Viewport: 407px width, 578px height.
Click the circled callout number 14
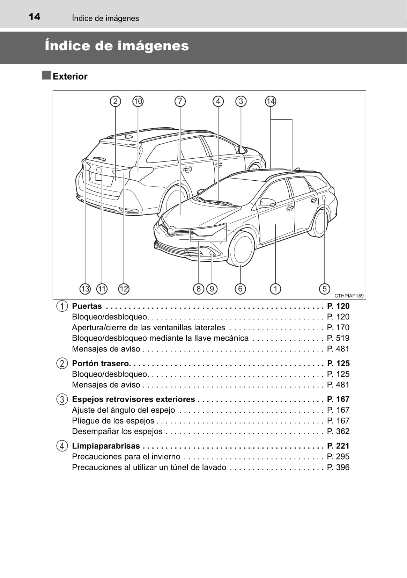271,101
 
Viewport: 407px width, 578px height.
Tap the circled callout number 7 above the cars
180,101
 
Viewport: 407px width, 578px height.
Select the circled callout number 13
85,289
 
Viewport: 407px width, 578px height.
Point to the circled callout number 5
325,289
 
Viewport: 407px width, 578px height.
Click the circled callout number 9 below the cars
212,289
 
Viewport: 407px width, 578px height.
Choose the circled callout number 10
138,101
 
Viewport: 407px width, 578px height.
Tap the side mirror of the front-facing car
268,202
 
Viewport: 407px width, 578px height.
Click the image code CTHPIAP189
349,296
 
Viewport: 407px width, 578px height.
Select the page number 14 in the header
34,17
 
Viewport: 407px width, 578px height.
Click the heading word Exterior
70,77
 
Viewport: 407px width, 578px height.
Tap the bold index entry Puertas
87,306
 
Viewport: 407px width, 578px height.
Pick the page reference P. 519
338,338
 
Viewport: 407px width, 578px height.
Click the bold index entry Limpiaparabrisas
106,446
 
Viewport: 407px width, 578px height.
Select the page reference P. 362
338,431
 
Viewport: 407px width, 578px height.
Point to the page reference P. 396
338,467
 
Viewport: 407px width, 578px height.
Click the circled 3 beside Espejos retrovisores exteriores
62,399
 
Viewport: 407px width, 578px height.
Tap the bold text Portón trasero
101,363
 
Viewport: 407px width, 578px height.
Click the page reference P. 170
338,327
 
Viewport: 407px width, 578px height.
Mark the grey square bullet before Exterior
46,75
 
